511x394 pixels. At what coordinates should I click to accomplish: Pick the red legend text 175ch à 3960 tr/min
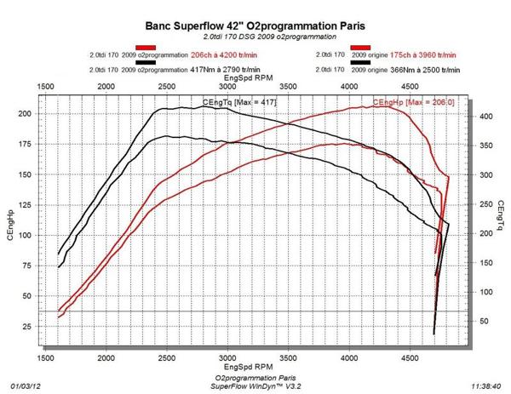click(420, 55)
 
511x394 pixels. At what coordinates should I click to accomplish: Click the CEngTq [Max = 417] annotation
click(240, 103)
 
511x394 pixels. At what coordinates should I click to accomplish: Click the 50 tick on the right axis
click(483, 321)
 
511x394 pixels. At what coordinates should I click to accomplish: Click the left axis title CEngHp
click(11, 220)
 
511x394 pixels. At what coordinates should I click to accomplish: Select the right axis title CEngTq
click(502, 220)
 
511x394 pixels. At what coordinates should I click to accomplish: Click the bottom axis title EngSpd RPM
click(253, 367)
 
